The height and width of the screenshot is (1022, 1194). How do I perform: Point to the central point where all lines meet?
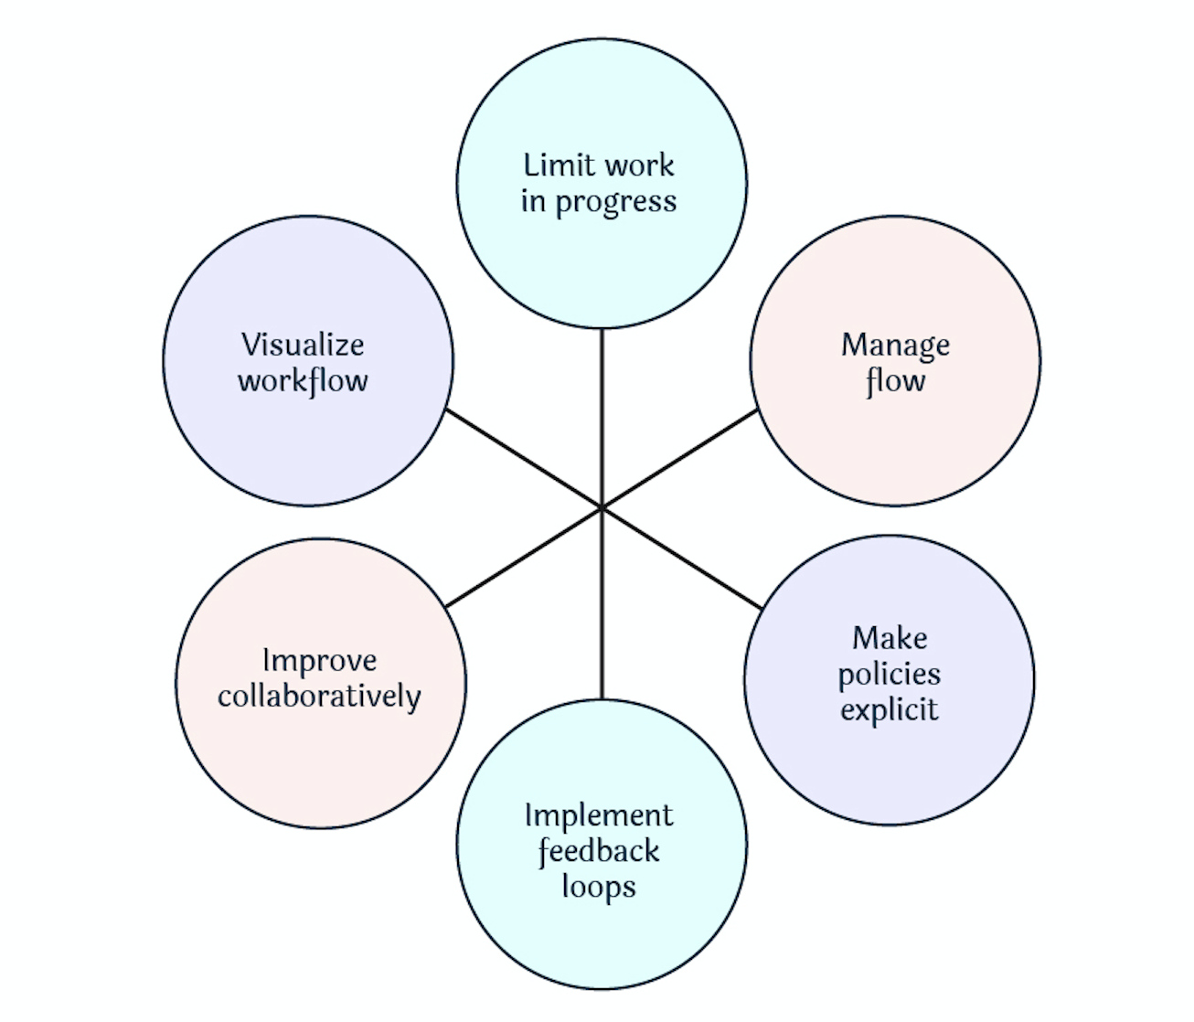pos(602,506)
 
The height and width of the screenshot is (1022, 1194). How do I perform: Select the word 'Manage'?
pos(895,346)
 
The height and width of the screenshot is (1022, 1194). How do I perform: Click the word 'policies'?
pos(890,675)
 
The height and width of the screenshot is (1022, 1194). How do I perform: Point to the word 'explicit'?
pos(890,709)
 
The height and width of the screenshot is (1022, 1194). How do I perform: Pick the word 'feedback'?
pos(600,852)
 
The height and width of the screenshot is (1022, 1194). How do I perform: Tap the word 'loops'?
pos(599,887)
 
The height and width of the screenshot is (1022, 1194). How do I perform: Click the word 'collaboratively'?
pos(319,697)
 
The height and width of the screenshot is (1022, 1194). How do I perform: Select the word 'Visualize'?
pos(303,345)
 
